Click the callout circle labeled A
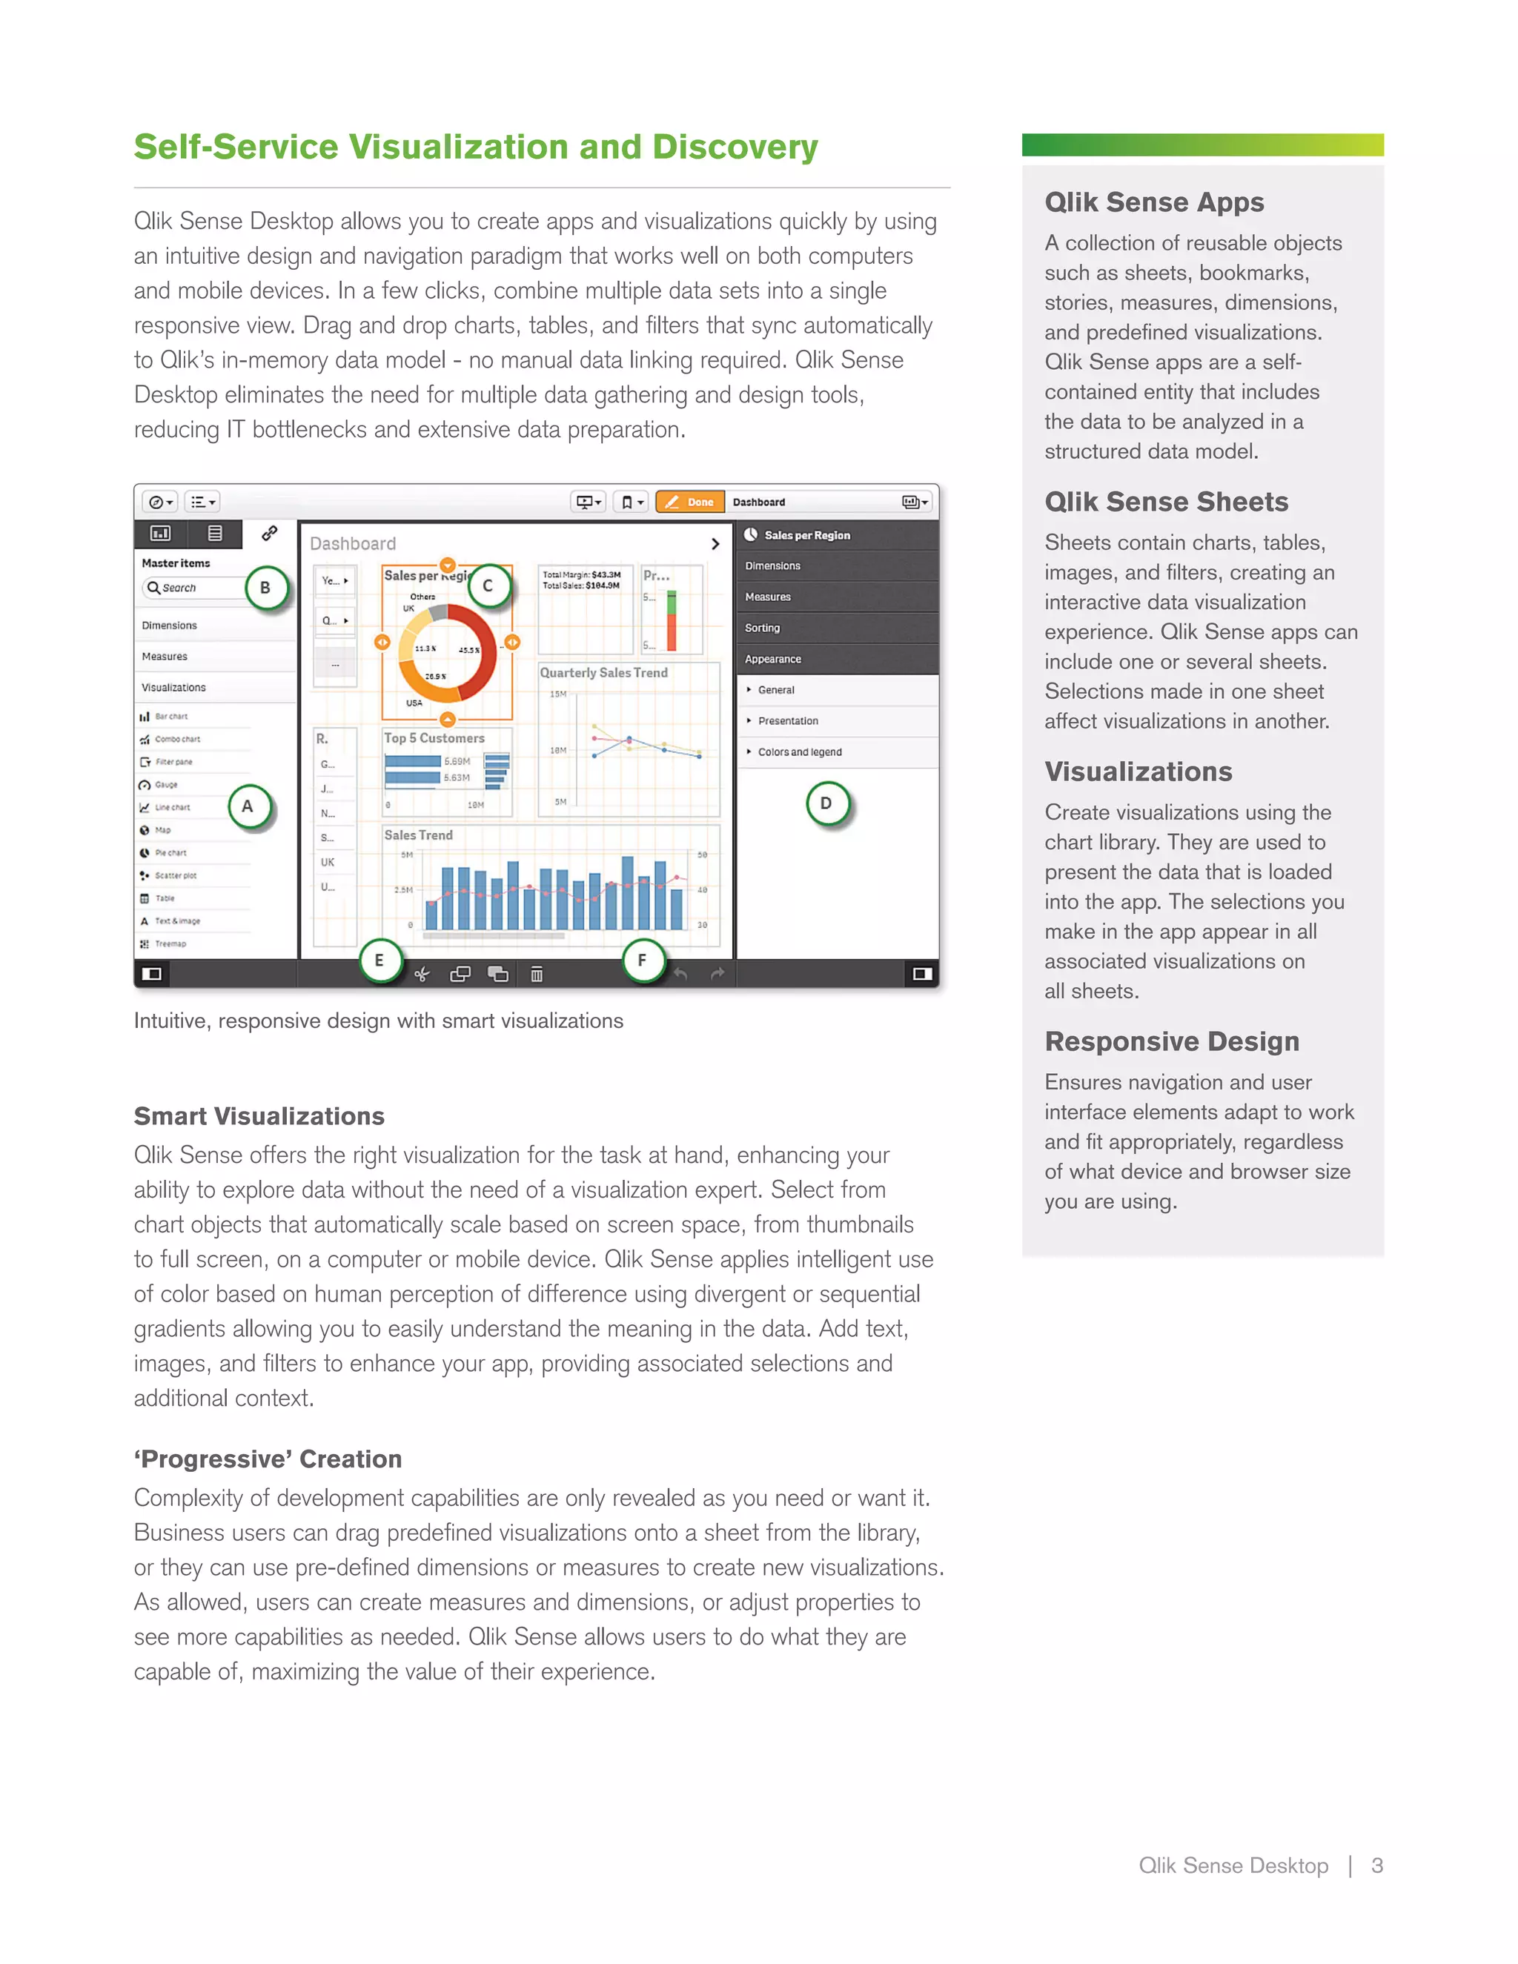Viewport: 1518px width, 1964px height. pos(248,806)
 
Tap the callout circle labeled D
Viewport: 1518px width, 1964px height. pos(826,804)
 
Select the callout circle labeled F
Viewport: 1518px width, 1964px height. pos(642,961)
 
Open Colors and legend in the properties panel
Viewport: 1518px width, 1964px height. pos(800,752)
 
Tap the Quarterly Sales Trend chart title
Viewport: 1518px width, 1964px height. pos(603,673)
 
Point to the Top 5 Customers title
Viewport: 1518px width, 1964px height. pos(434,738)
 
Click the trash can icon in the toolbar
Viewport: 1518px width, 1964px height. pos(537,974)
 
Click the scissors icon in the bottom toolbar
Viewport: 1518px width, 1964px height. pos(422,974)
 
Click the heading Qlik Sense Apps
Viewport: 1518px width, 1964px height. pos(1154,202)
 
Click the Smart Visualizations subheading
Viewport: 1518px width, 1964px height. pos(259,1116)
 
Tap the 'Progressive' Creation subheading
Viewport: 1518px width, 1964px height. pos(268,1459)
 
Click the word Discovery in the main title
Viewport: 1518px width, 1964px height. pos(735,147)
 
